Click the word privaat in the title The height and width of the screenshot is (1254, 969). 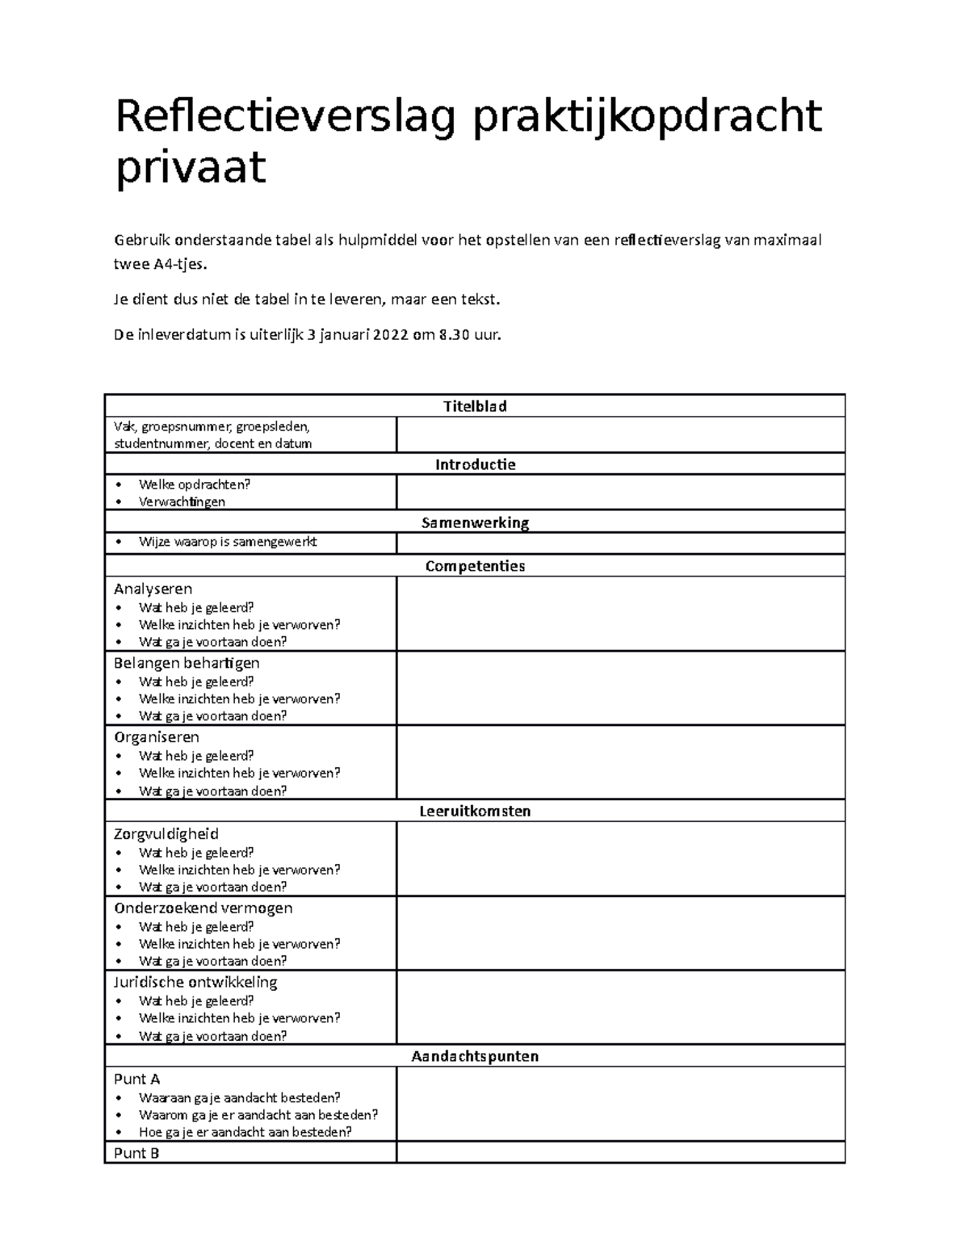191,168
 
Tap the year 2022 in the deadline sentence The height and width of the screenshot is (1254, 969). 390,335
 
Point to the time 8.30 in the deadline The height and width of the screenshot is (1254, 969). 453,335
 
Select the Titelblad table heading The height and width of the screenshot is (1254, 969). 475,406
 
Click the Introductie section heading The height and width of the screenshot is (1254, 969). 475,464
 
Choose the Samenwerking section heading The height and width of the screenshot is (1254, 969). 475,522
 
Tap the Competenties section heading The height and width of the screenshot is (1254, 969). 475,566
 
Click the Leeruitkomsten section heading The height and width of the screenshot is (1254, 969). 475,811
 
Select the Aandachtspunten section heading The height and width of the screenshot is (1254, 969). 475,1056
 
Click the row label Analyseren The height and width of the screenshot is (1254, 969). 153,589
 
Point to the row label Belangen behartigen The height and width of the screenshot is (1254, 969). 187,663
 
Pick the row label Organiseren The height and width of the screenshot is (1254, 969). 157,737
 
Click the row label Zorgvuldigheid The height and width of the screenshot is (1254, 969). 166,834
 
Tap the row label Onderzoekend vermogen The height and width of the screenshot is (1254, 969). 203,908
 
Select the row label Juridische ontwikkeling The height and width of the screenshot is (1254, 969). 195,982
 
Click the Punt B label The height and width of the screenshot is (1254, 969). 136,1153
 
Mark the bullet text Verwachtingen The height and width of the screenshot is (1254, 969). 182,501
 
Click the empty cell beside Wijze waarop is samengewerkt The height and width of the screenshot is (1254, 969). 620,543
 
